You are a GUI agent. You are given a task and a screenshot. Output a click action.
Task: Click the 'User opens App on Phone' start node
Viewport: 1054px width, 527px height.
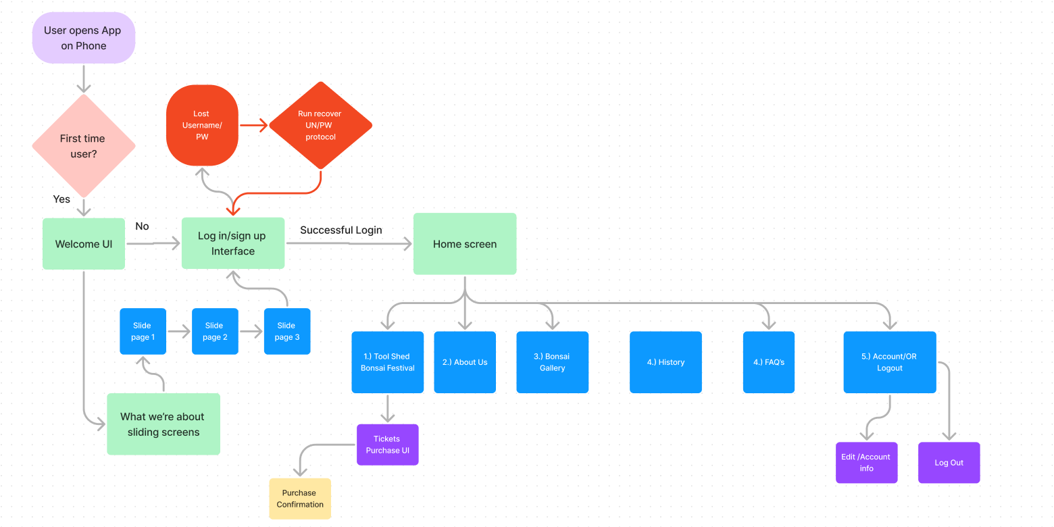(x=84, y=38)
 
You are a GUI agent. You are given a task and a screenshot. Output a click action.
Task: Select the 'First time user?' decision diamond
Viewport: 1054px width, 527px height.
(x=84, y=145)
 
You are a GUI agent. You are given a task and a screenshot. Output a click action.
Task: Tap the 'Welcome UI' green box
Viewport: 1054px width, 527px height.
(x=84, y=244)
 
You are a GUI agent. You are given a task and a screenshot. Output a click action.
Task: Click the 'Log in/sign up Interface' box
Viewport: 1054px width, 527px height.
(x=233, y=243)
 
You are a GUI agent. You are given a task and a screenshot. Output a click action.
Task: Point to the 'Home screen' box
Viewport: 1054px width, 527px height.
(x=465, y=244)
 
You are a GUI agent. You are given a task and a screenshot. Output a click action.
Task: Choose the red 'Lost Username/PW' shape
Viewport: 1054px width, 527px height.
(x=202, y=125)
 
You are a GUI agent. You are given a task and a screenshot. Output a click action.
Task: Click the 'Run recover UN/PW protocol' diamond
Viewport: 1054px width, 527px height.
(x=320, y=125)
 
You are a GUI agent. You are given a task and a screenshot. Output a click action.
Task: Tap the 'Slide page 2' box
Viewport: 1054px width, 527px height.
(x=215, y=331)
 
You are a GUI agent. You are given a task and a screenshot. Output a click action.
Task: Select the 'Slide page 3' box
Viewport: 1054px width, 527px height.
(x=287, y=331)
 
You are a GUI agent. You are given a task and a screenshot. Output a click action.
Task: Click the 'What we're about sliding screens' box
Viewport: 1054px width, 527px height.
(x=164, y=424)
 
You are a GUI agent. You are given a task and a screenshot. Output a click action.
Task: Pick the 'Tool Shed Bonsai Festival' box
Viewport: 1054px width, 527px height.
(x=388, y=362)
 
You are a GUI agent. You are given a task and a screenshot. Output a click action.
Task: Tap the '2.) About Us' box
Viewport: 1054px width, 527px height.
(x=465, y=362)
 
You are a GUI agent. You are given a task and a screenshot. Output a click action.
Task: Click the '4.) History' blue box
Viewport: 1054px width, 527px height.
(x=666, y=362)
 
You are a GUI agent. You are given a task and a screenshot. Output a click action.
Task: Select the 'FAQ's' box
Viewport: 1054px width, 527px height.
(x=769, y=362)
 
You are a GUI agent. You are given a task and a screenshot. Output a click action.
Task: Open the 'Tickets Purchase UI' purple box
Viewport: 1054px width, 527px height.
(x=388, y=445)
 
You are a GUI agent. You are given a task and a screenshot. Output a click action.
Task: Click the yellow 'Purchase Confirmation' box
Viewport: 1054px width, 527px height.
(x=300, y=499)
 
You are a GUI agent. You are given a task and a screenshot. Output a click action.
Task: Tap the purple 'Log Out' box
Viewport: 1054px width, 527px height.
(x=949, y=463)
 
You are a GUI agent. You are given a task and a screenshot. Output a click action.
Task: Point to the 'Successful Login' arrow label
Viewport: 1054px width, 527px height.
(x=341, y=230)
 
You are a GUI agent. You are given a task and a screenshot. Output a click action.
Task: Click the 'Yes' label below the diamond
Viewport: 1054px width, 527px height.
(x=61, y=199)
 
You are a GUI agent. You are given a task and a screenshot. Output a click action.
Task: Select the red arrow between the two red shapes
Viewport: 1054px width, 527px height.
(x=253, y=125)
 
